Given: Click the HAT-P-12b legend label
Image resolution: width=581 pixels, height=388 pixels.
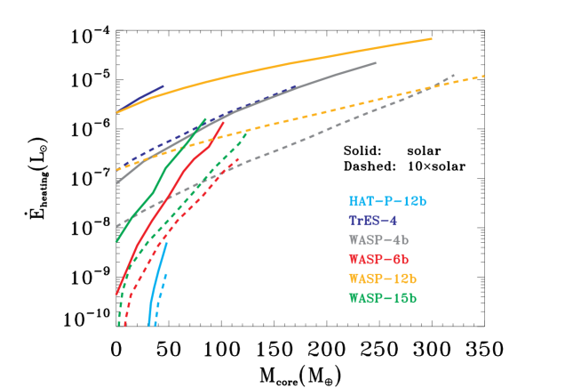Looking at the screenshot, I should pyautogui.click(x=387, y=202).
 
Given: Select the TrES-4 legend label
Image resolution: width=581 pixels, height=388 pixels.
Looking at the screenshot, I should pyautogui.click(x=372, y=221).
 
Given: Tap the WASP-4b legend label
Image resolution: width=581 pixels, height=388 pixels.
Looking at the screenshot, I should pyautogui.click(x=379, y=240).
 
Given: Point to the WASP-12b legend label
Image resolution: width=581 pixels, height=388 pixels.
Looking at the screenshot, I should pyautogui.click(x=383, y=279).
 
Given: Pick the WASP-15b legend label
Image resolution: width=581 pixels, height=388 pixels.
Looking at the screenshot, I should pyautogui.click(x=383, y=297).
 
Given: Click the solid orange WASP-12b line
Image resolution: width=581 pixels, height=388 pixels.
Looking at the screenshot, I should pyautogui.click(x=293, y=62).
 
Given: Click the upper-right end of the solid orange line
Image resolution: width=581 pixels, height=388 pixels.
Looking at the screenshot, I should pyautogui.click(x=432, y=39).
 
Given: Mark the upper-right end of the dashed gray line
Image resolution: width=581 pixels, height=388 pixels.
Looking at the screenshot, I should pyautogui.click(x=454, y=76).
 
